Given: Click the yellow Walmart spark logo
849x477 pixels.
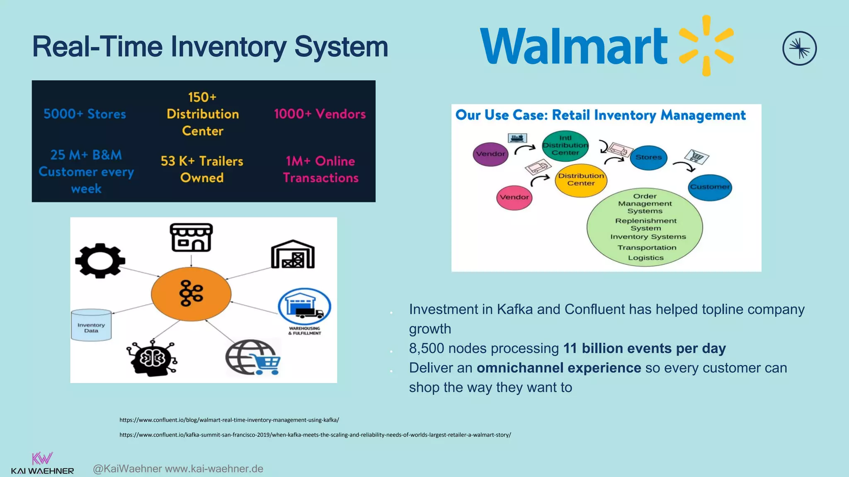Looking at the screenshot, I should pos(706,46).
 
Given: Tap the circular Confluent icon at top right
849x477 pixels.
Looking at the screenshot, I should pos(799,48).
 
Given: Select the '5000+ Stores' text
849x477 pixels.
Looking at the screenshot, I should pos(85,114).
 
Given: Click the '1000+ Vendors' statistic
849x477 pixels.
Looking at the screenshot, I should pos(320,114).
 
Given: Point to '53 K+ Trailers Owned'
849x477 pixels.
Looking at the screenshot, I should pos(202,169).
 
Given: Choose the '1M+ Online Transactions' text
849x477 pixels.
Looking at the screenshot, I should pos(320,169).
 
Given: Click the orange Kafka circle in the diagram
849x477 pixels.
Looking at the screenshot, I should pos(191,294).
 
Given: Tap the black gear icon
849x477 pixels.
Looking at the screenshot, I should pos(100,260).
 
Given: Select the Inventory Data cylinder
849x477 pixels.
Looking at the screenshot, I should pos(91,325).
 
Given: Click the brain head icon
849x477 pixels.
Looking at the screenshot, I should pos(152,359).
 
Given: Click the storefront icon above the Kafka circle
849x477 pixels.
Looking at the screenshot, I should pos(191,238).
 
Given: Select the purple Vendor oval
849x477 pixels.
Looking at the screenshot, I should pos(490,154).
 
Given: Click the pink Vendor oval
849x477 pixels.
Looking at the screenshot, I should pos(514,198).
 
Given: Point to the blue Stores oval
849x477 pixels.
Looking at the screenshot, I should pos(648,157).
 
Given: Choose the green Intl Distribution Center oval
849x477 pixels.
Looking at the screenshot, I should pos(565,145).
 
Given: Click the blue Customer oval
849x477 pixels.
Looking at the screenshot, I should pos(710,187).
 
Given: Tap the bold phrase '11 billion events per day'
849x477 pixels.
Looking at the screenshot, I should pos(644,348).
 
